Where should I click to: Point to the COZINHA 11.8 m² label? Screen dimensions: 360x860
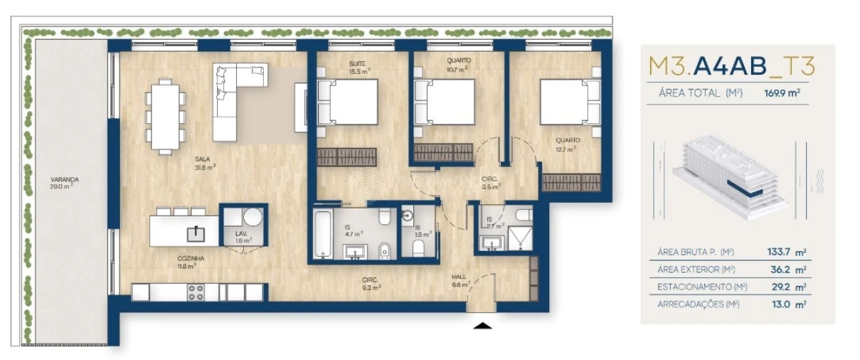coord(186,263)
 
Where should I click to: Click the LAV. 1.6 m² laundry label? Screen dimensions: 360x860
coord(242,237)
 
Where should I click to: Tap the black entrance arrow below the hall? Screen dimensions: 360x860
coord(482,326)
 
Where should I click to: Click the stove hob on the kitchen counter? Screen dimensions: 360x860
coord(196,292)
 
